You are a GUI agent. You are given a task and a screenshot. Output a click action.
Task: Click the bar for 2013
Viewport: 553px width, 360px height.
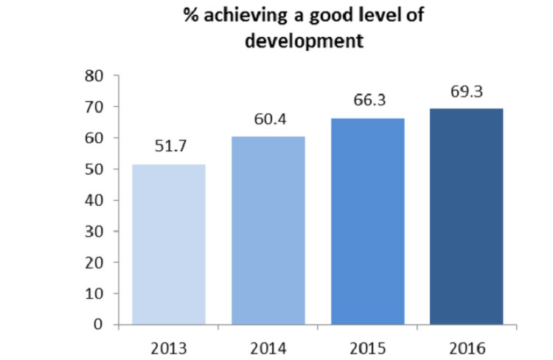click(169, 244)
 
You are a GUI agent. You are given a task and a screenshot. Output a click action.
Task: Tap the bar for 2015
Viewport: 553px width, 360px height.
click(368, 221)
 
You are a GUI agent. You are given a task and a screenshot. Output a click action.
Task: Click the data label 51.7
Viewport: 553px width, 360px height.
click(169, 145)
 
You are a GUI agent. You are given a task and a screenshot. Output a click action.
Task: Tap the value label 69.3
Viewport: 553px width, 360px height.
click(467, 91)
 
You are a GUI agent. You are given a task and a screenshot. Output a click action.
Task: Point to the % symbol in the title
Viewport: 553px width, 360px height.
click(191, 17)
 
